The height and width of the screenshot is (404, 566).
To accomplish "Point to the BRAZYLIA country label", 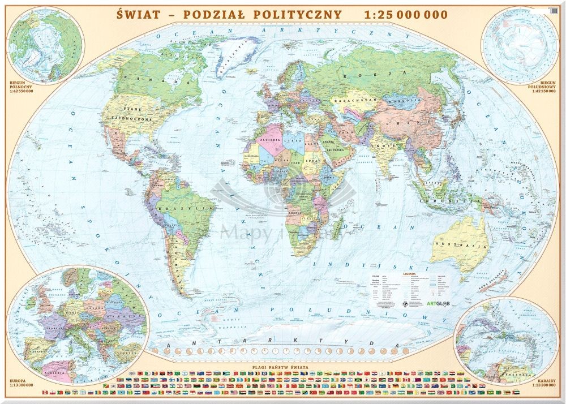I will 195,208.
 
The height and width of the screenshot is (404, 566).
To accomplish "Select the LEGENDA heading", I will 409,273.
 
